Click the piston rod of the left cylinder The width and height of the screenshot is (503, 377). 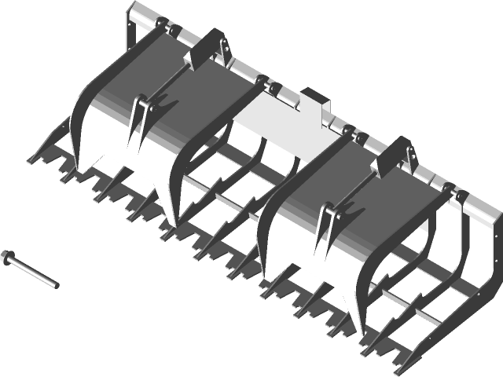click(169, 82)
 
